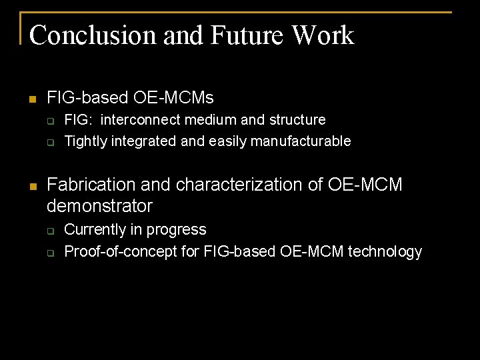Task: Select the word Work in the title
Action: [323, 35]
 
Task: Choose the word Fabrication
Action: [89, 185]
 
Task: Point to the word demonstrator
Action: [100, 206]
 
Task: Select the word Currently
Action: [94, 230]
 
